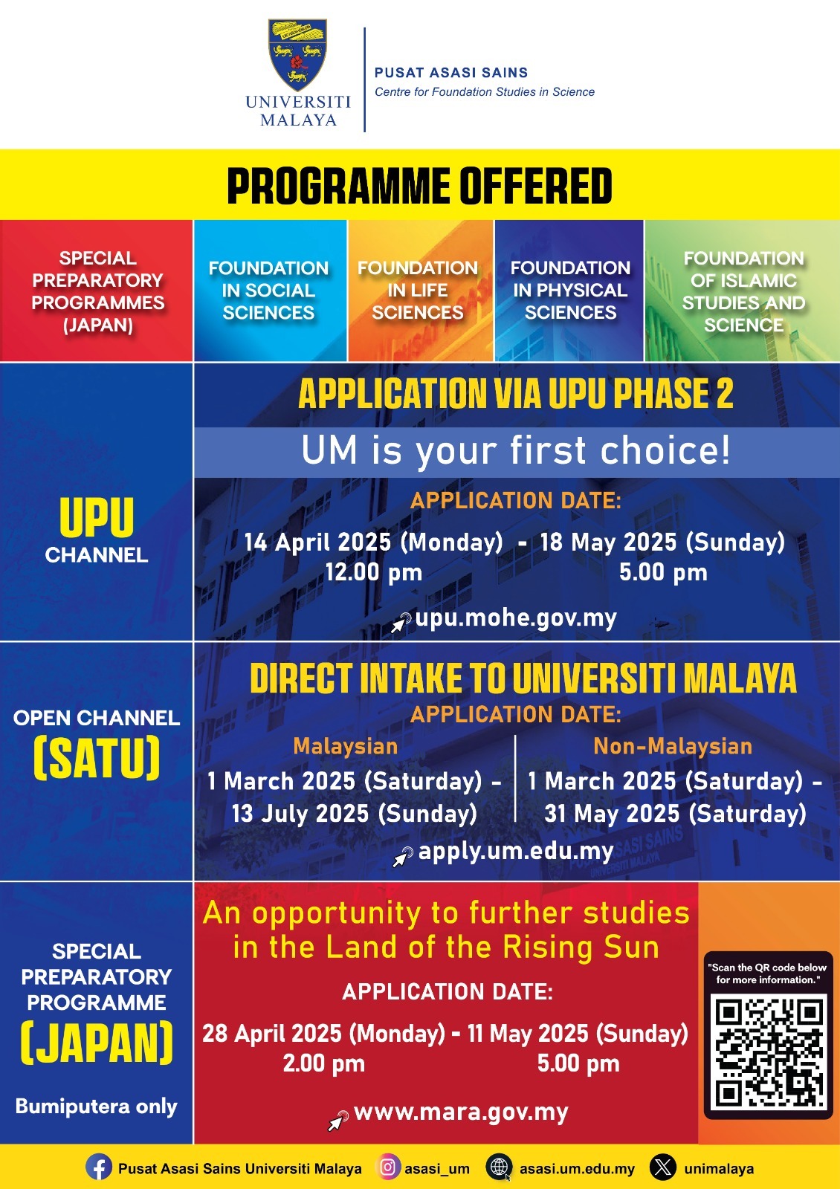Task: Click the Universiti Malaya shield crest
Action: tap(297, 55)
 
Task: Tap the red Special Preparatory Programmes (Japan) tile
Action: tap(97, 291)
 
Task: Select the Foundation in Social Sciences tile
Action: tap(270, 291)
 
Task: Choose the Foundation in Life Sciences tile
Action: tap(420, 291)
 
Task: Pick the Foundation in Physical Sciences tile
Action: tap(569, 291)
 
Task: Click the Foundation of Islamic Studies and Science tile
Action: tap(743, 291)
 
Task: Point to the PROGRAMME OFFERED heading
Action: tap(419, 186)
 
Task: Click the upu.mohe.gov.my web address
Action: tap(516, 618)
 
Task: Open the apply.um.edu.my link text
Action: tap(516, 852)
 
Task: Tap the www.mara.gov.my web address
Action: tap(461, 1112)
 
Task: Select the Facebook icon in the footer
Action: tap(99, 1168)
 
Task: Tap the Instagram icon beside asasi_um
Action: tap(387, 1167)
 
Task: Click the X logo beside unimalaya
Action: tap(663, 1167)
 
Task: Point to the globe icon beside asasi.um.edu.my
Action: tap(499, 1167)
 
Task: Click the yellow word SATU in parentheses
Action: tap(97, 757)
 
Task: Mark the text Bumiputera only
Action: tap(96, 1107)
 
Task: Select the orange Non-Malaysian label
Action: tap(673, 746)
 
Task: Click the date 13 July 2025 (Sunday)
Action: tap(354, 814)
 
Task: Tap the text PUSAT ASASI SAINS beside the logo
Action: tap(451, 72)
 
